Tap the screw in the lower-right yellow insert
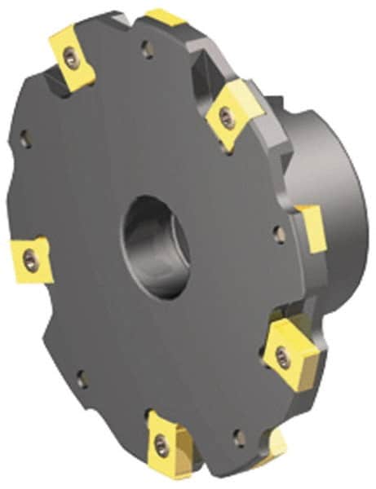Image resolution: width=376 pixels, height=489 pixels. [281, 352]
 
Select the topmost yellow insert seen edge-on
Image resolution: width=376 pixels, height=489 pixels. [166, 16]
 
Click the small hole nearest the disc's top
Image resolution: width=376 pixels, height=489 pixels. [147, 54]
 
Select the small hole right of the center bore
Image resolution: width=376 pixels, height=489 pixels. [279, 235]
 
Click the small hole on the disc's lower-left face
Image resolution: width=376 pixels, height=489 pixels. [80, 378]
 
